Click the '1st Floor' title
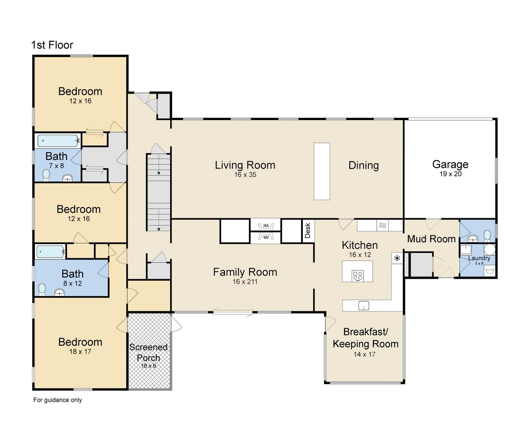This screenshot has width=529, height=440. click(x=52, y=45)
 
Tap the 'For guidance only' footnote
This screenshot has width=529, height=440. click(x=58, y=400)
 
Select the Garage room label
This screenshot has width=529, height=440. click(x=450, y=164)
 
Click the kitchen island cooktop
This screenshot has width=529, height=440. click(x=358, y=276)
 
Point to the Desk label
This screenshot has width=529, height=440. click(x=308, y=231)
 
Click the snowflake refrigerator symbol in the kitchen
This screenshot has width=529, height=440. click(x=397, y=258)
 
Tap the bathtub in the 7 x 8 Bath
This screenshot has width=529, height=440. click(x=58, y=141)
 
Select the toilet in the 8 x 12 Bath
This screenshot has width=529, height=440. click(x=42, y=289)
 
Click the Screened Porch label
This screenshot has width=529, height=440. click(x=148, y=352)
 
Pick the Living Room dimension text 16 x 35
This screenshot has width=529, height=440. click(x=245, y=175)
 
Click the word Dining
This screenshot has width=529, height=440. click(x=364, y=165)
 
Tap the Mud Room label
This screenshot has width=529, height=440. click(x=431, y=239)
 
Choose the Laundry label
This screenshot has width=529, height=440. click(x=479, y=258)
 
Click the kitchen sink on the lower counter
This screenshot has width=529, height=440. click(x=364, y=306)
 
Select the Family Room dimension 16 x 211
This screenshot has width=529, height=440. click(x=245, y=282)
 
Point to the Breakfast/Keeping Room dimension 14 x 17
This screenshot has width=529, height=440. click(x=365, y=354)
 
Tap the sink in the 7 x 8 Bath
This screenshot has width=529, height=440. click(x=68, y=178)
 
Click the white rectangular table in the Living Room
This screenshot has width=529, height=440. click(x=322, y=171)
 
